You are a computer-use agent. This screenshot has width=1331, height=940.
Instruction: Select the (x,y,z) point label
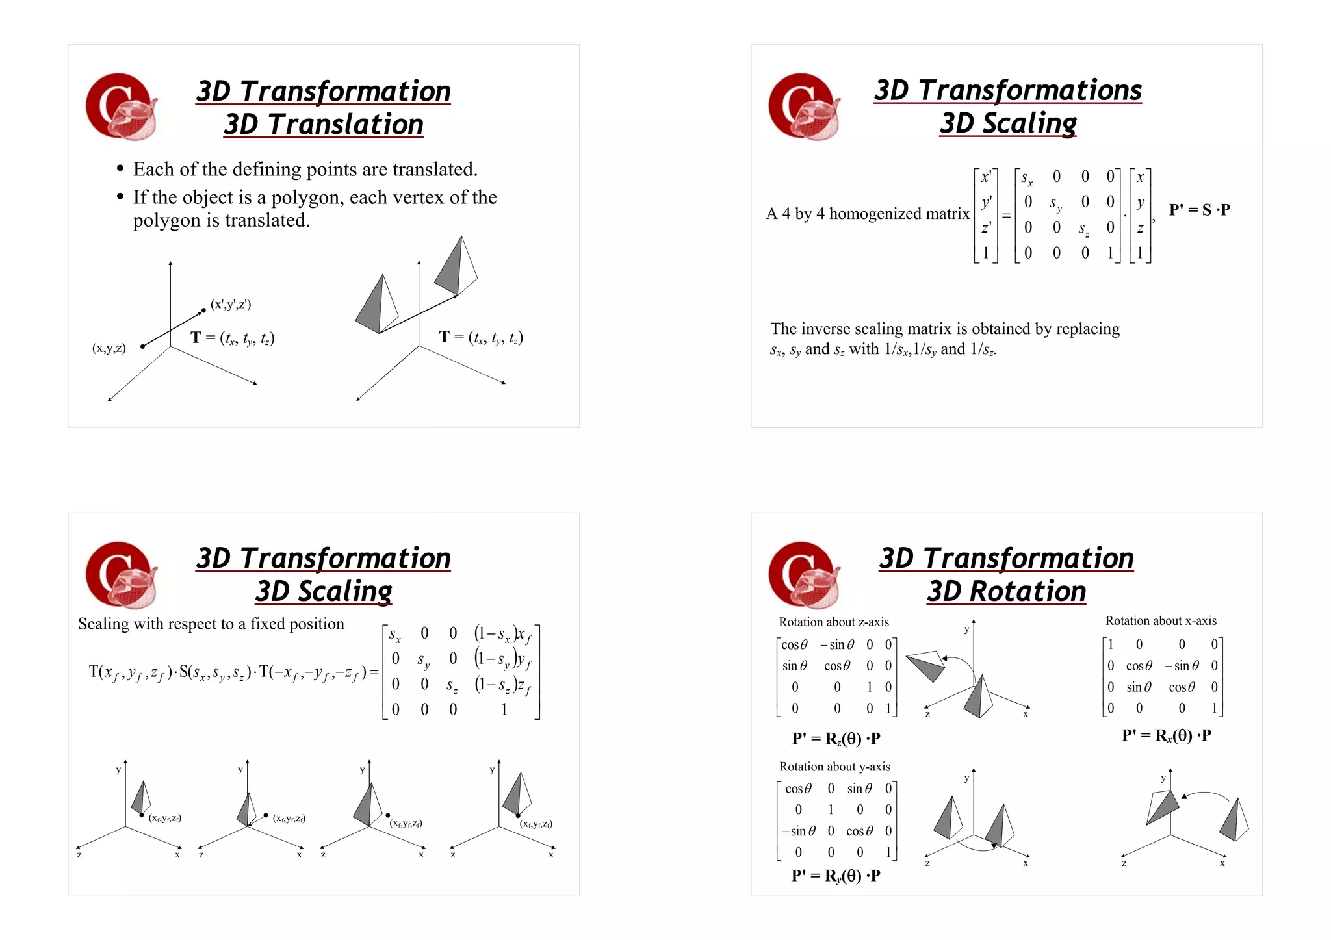[109, 348]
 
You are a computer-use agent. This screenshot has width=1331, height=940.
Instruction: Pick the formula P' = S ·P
[1199, 210]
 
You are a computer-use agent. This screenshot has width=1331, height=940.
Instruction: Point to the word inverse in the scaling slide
[829, 329]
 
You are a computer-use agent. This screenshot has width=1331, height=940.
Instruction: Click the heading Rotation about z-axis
[833, 622]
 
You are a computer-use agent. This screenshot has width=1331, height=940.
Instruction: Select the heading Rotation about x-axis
[1161, 621]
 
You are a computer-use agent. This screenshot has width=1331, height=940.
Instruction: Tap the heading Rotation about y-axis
[834, 767]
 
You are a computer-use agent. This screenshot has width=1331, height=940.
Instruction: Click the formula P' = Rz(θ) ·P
[836, 739]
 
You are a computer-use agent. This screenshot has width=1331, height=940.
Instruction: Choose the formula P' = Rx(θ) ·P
[1166, 735]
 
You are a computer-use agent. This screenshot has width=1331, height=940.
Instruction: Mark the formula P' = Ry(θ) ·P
[836, 876]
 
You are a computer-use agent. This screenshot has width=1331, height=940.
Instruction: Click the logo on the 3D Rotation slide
[803, 575]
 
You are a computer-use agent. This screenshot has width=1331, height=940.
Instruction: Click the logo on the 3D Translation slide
[122, 107]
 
